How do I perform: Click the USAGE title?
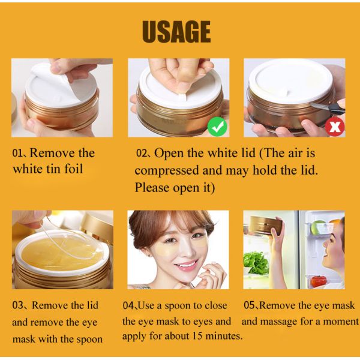(x=176, y=32)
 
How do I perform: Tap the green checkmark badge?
(x=217, y=127)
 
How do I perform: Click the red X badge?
(x=335, y=127)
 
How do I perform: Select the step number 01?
(x=17, y=154)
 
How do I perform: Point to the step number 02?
(x=141, y=154)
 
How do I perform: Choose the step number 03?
(x=17, y=305)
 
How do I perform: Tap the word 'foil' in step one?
(x=73, y=169)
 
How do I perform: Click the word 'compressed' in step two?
(x=167, y=171)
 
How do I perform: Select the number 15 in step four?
(x=197, y=336)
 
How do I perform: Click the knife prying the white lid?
(x=327, y=107)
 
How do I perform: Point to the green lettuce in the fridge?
(x=256, y=263)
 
